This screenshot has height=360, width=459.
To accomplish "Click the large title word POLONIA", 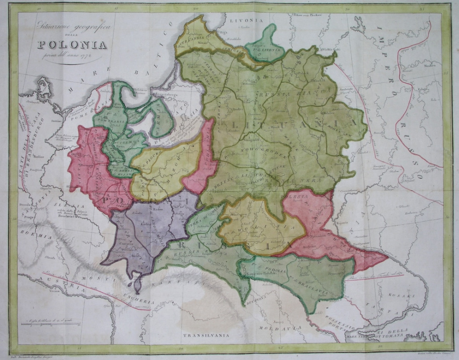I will (72, 45).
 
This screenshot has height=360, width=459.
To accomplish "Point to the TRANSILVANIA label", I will (209, 335).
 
